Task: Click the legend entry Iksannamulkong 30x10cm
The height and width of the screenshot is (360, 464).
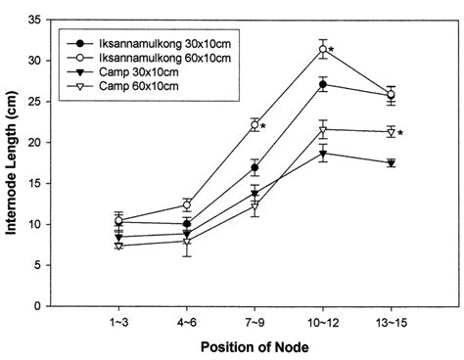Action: click(156, 45)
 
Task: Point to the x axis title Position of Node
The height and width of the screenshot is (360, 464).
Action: click(255, 346)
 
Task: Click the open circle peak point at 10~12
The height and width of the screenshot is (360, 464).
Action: click(322, 49)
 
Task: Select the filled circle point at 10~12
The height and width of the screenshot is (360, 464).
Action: click(322, 84)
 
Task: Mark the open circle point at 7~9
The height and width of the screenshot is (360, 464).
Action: click(255, 125)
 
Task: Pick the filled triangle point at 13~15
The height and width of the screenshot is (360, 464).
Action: click(391, 163)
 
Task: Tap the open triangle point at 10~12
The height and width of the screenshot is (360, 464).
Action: click(322, 129)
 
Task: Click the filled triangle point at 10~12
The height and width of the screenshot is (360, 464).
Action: click(322, 153)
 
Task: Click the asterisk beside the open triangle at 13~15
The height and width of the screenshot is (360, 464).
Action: click(401, 132)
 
